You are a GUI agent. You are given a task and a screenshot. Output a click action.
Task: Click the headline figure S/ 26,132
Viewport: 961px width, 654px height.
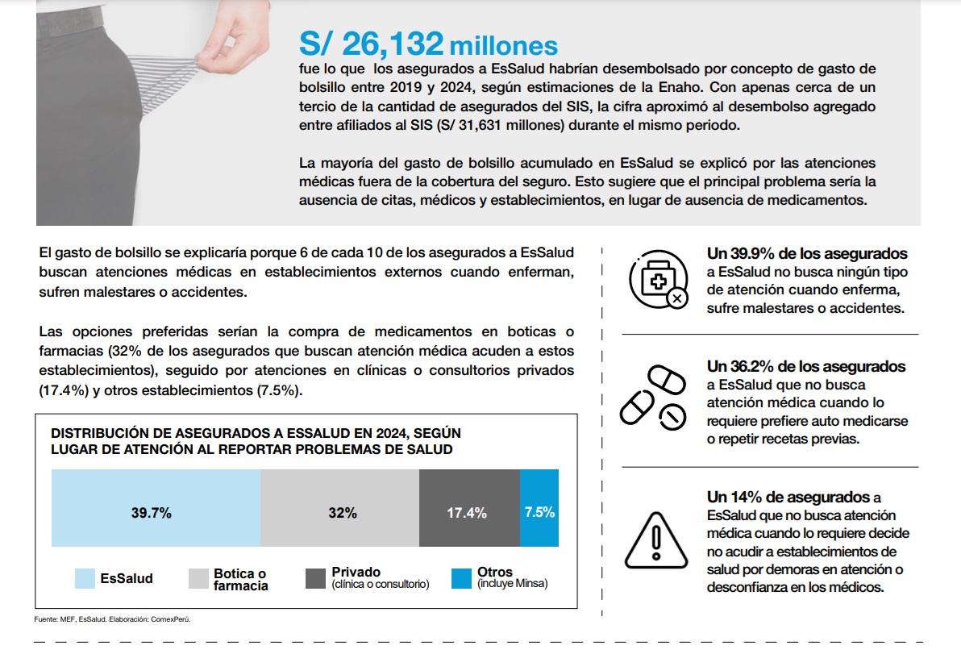pyautogui.click(x=371, y=44)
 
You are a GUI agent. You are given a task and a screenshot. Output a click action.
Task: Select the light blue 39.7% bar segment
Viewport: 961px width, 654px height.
pyautogui.click(x=156, y=507)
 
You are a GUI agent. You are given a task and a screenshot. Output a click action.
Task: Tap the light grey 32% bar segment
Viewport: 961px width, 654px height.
pyautogui.click(x=339, y=507)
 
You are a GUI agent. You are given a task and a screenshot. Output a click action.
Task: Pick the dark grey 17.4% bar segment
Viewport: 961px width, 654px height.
pyautogui.click(x=469, y=507)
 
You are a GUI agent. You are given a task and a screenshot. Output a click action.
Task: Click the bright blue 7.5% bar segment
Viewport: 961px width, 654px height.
pyautogui.click(x=539, y=507)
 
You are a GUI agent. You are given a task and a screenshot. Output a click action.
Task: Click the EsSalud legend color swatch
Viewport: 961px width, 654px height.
pyautogui.click(x=85, y=579)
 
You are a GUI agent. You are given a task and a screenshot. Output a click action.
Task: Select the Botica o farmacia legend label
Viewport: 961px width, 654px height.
pyautogui.click(x=241, y=579)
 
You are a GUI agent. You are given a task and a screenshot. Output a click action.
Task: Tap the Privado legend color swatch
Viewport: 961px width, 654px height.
pyautogui.click(x=316, y=579)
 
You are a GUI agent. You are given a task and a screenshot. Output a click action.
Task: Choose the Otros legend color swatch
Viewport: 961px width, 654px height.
pyautogui.click(x=461, y=579)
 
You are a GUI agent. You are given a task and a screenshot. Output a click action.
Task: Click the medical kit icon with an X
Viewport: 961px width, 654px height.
pyautogui.click(x=659, y=280)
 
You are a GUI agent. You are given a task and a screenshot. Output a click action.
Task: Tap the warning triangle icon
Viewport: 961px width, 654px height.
pyautogui.click(x=655, y=540)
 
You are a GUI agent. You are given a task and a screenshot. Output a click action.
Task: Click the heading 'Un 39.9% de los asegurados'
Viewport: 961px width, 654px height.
pyautogui.click(x=806, y=254)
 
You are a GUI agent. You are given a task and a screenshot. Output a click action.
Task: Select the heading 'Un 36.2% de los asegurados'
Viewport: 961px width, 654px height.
pyautogui.click(x=806, y=367)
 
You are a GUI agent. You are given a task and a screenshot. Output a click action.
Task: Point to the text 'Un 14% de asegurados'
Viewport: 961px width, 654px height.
pyautogui.click(x=788, y=497)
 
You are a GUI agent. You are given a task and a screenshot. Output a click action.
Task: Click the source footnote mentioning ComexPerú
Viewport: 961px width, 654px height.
pyautogui.click(x=112, y=619)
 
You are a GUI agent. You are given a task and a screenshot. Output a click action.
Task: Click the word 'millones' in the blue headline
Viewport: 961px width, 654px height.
pyautogui.click(x=503, y=46)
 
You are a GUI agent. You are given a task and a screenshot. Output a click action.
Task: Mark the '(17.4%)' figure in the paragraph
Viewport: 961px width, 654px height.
pyautogui.click(x=64, y=390)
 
